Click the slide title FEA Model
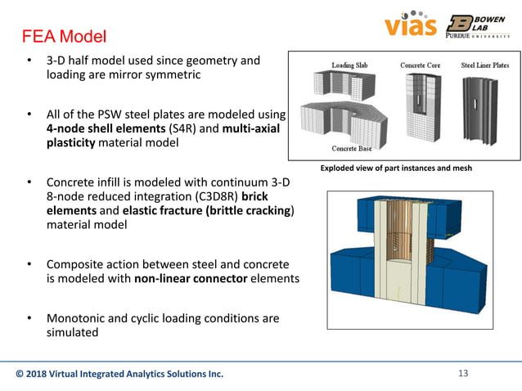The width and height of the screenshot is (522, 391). [63, 38]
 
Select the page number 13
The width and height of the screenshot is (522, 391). [463, 374]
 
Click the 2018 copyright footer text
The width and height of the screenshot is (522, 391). [119, 375]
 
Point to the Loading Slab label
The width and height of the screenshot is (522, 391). [353, 65]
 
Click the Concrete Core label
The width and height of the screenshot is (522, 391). [421, 65]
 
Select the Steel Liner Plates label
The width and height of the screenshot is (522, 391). [485, 65]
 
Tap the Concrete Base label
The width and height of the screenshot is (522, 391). [353, 148]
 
